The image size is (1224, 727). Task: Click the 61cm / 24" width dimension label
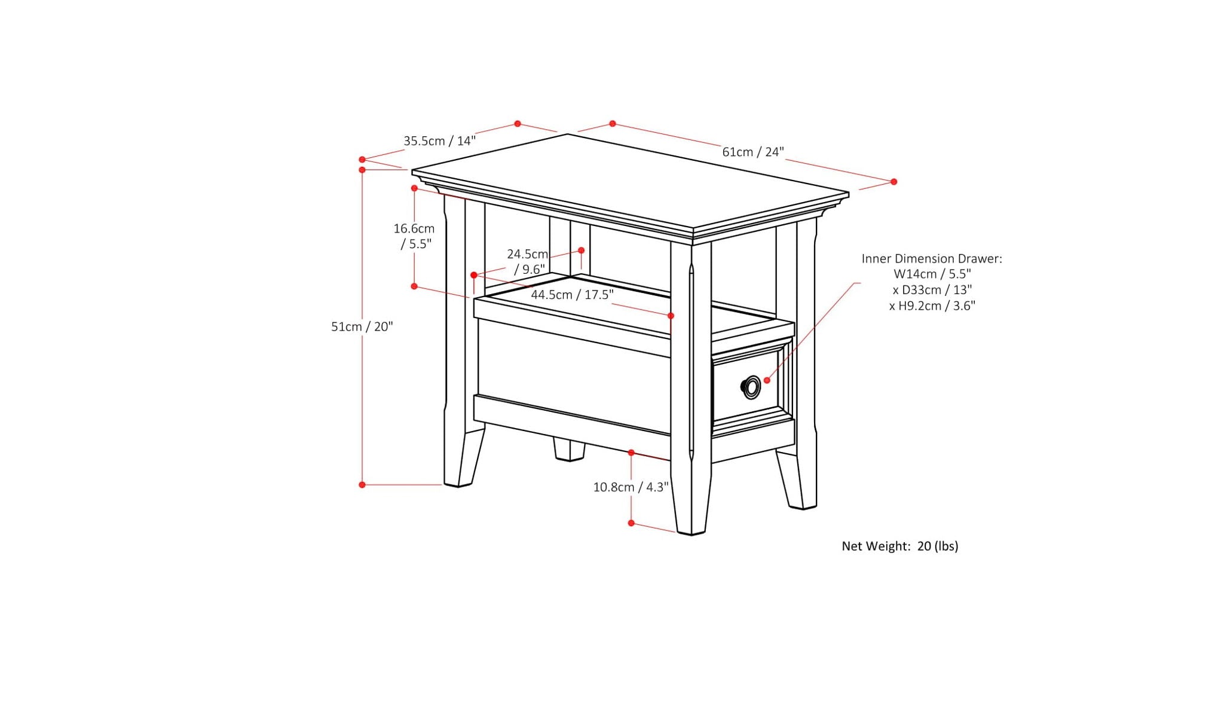(752, 152)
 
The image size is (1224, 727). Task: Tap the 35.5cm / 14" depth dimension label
(439, 141)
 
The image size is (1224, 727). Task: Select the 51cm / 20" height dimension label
(362, 326)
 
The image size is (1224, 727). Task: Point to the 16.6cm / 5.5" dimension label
(414, 236)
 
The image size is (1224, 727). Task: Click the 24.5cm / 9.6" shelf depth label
(528, 262)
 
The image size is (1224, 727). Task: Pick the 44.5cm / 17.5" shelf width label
(572, 295)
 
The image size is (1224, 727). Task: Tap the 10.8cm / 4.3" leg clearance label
(631, 487)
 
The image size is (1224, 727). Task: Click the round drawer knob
(751, 387)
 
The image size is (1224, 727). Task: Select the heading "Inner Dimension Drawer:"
(931, 259)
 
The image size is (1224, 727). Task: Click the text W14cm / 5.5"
(932, 274)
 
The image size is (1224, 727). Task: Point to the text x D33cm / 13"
(932, 290)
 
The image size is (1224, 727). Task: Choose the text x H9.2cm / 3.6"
(932, 306)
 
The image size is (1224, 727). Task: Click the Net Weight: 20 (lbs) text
(899, 546)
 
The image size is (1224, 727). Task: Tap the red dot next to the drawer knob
(767, 380)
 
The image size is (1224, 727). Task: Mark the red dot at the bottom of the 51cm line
(362, 485)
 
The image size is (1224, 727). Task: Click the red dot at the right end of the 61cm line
(893, 182)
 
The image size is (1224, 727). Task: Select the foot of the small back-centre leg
(569, 457)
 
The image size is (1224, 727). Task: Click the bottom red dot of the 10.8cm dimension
(631, 523)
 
